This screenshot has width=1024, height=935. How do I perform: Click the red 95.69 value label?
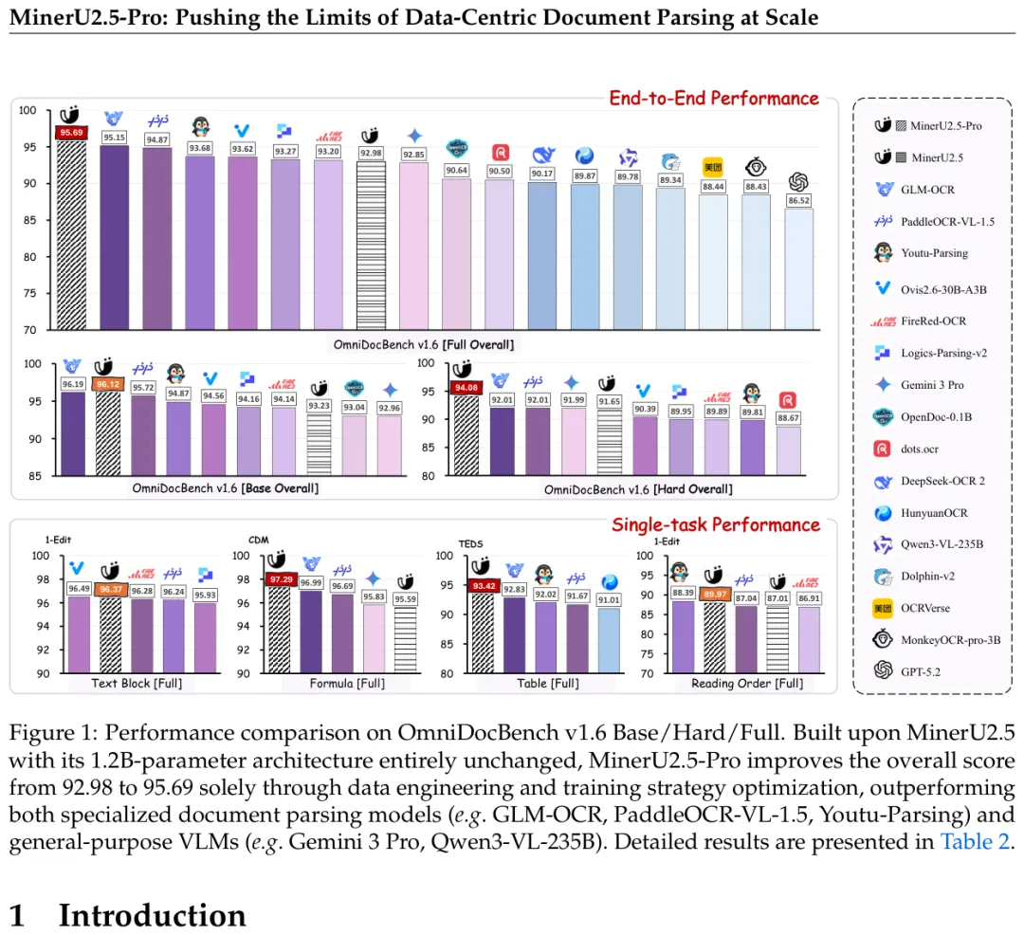point(71,133)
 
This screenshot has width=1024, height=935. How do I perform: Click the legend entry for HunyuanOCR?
point(935,513)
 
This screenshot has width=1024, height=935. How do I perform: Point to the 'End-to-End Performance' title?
point(713,99)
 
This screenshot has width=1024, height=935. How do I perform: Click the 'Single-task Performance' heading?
point(715,524)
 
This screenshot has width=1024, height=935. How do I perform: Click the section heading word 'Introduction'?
point(152,915)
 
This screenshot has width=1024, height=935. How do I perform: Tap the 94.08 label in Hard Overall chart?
point(466,386)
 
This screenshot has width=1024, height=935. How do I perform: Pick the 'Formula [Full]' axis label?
point(345,683)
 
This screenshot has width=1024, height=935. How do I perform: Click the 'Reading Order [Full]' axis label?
point(746,683)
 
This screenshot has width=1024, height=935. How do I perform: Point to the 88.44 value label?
point(712,187)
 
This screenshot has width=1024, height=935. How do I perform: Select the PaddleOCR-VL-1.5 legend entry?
point(947,221)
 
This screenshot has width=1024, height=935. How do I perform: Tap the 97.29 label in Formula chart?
point(281,578)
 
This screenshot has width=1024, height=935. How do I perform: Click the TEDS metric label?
point(471,543)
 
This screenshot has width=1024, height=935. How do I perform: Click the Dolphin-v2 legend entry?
point(933,577)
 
